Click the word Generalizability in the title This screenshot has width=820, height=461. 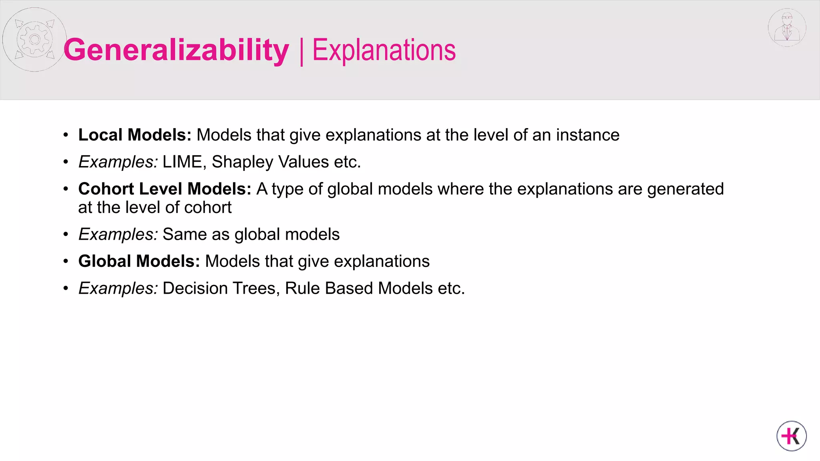coord(176,50)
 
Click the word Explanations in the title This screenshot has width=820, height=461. coord(384,50)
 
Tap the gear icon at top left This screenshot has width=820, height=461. coord(34,39)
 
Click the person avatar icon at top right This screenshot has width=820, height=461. coord(787,28)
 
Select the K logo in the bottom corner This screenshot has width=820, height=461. coord(792,436)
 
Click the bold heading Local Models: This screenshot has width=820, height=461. coord(135,135)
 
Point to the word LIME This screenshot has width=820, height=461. coord(182,162)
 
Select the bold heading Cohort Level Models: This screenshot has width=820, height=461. coord(165,189)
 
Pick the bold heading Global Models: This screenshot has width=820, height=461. coord(139,261)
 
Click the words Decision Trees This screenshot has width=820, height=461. coord(219,289)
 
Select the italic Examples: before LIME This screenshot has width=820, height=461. coord(118,162)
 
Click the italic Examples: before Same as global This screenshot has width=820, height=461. coord(118,235)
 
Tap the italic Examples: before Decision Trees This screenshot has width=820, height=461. coord(118,289)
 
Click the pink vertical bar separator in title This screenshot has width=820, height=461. coord(301,51)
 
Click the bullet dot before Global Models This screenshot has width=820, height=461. coord(66,262)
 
